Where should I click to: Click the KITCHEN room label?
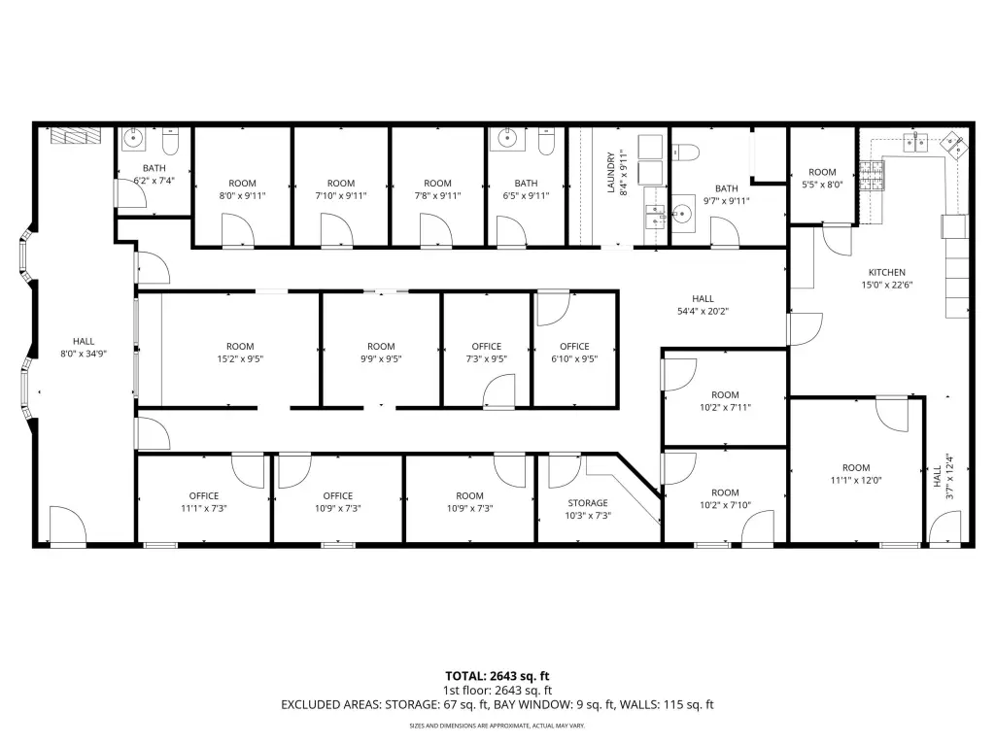click(886, 272)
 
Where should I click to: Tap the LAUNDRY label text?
click(611, 172)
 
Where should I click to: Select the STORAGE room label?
click(588, 503)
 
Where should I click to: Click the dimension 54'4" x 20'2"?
click(703, 312)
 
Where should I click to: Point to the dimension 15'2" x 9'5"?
click(240, 359)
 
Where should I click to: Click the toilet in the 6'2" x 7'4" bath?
click(171, 142)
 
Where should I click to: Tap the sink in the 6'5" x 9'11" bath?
click(506, 139)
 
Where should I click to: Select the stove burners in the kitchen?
click(871, 176)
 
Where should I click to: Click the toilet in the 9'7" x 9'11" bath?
click(685, 153)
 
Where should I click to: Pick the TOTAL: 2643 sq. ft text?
click(497, 676)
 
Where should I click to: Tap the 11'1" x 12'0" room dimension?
click(856, 480)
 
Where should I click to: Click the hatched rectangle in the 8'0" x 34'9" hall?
click(76, 136)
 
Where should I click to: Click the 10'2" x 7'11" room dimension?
click(725, 408)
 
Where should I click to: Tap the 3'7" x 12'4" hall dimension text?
click(949, 476)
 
